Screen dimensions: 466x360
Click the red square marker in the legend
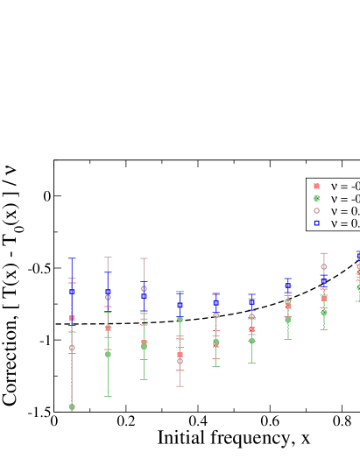pyautogui.click(x=316, y=187)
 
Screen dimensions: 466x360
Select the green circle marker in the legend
pyautogui.click(x=316, y=199)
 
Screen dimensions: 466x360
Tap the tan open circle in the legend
pyautogui.click(x=316, y=211)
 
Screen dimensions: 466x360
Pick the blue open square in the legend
pyautogui.click(x=316, y=223)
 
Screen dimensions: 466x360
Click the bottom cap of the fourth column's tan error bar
pyautogui.click(x=180, y=386)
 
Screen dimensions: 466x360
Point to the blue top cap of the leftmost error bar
pyautogui.click(x=72, y=258)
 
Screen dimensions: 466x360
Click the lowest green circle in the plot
pyautogui.click(x=72, y=407)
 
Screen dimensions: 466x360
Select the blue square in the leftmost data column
pyautogui.click(x=72, y=292)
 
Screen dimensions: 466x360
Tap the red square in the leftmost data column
pyautogui.click(x=72, y=318)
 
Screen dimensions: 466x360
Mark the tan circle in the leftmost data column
pyautogui.click(x=72, y=348)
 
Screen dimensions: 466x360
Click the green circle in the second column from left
pyautogui.click(x=108, y=355)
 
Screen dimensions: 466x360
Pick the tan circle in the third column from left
pyautogui.click(x=144, y=288)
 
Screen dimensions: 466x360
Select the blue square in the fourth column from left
pyautogui.click(x=180, y=306)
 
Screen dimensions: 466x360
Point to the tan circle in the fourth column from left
pyautogui.click(x=180, y=361)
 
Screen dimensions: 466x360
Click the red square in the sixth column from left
pyautogui.click(x=251, y=330)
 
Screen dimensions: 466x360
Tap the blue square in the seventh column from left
pyautogui.click(x=287, y=286)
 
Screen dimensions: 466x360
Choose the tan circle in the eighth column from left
pyautogui.click(x=323, y=266)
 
